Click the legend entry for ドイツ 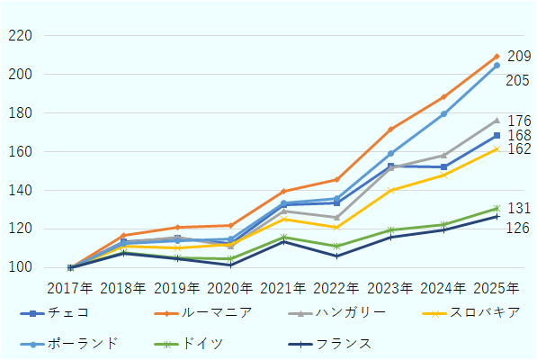201,343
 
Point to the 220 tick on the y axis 20,36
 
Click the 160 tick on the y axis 20,152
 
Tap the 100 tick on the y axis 20,268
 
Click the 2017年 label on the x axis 70,289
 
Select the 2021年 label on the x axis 283,289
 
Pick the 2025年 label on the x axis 497,289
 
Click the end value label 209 519,57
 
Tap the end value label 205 517,81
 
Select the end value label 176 519,121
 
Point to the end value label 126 517,228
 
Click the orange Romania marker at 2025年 497,57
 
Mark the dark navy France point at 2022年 336,256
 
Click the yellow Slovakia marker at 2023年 390,190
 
